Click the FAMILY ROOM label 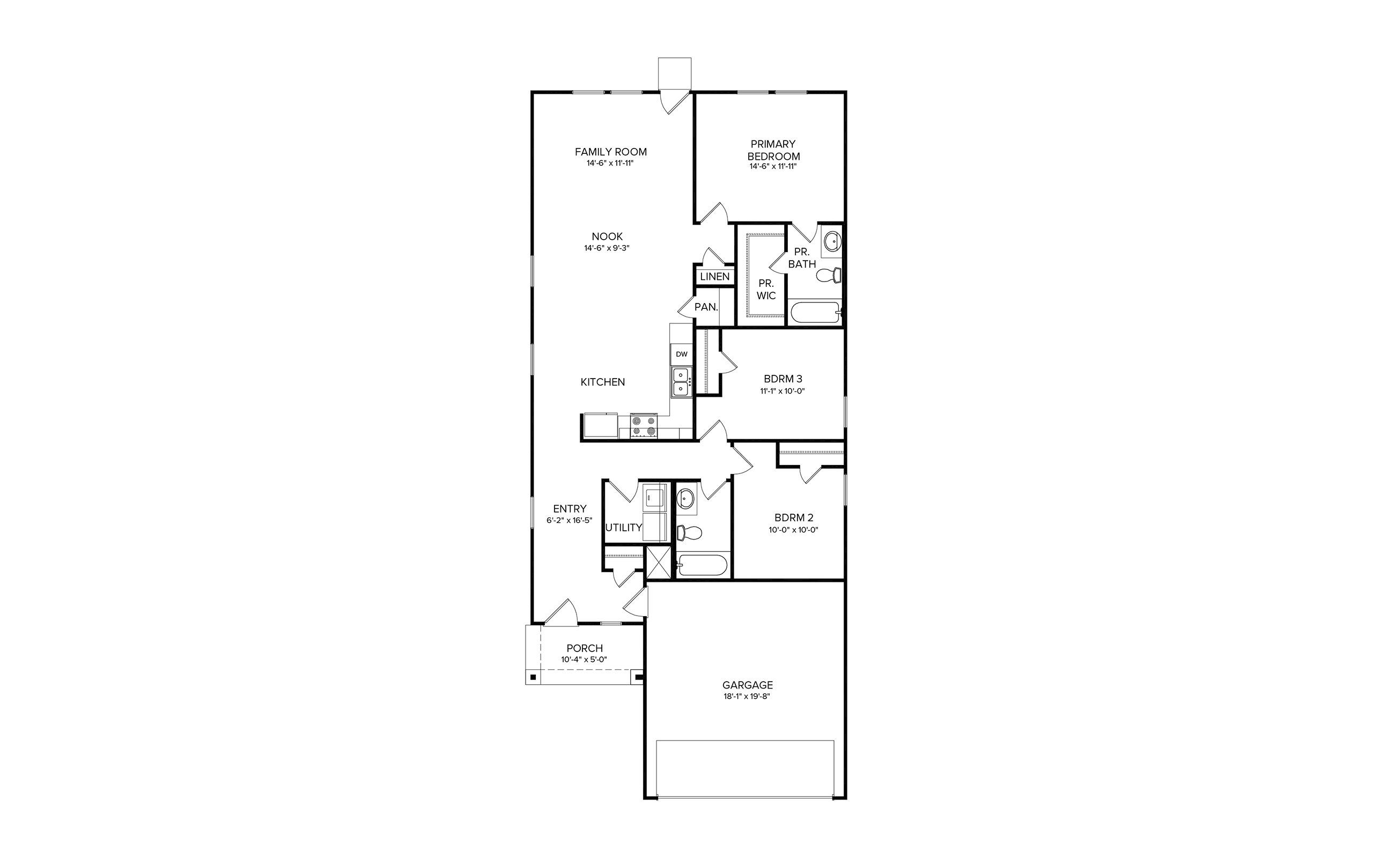[610, 152]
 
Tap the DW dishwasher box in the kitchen [681, 354]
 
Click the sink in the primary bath [832, 241]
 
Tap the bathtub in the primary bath [814, 313]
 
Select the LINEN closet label [715, 277]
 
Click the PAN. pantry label [706, 307]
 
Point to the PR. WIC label [766, 290]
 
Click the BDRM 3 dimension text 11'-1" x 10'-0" [783, 391]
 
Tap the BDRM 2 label [794, 517]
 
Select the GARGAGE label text [747, 685]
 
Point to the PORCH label [585, 648]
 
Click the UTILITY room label [624, 527]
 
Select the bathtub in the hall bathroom [702, 565]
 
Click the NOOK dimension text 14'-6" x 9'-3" [607, 248]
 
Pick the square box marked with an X [659, 563]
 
